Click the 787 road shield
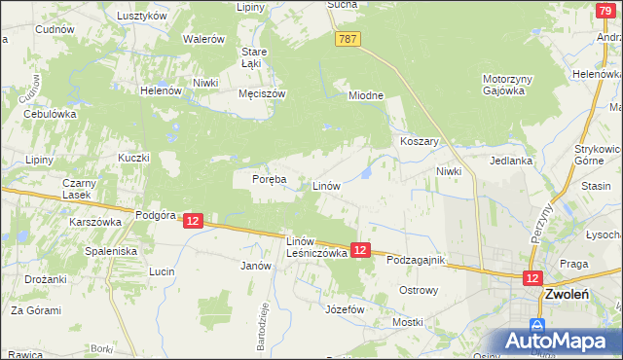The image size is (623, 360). tap(349, 39)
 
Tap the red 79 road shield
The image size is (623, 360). tap(604, 10)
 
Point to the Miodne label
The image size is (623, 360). tap(367, 95)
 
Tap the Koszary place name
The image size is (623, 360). tap(421, 141)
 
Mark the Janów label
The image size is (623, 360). tap(254, 265)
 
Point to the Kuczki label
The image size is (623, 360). tap(133, 158)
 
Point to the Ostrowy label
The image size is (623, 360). tap(419, 290)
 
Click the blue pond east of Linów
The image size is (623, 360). tap(364, 173)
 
